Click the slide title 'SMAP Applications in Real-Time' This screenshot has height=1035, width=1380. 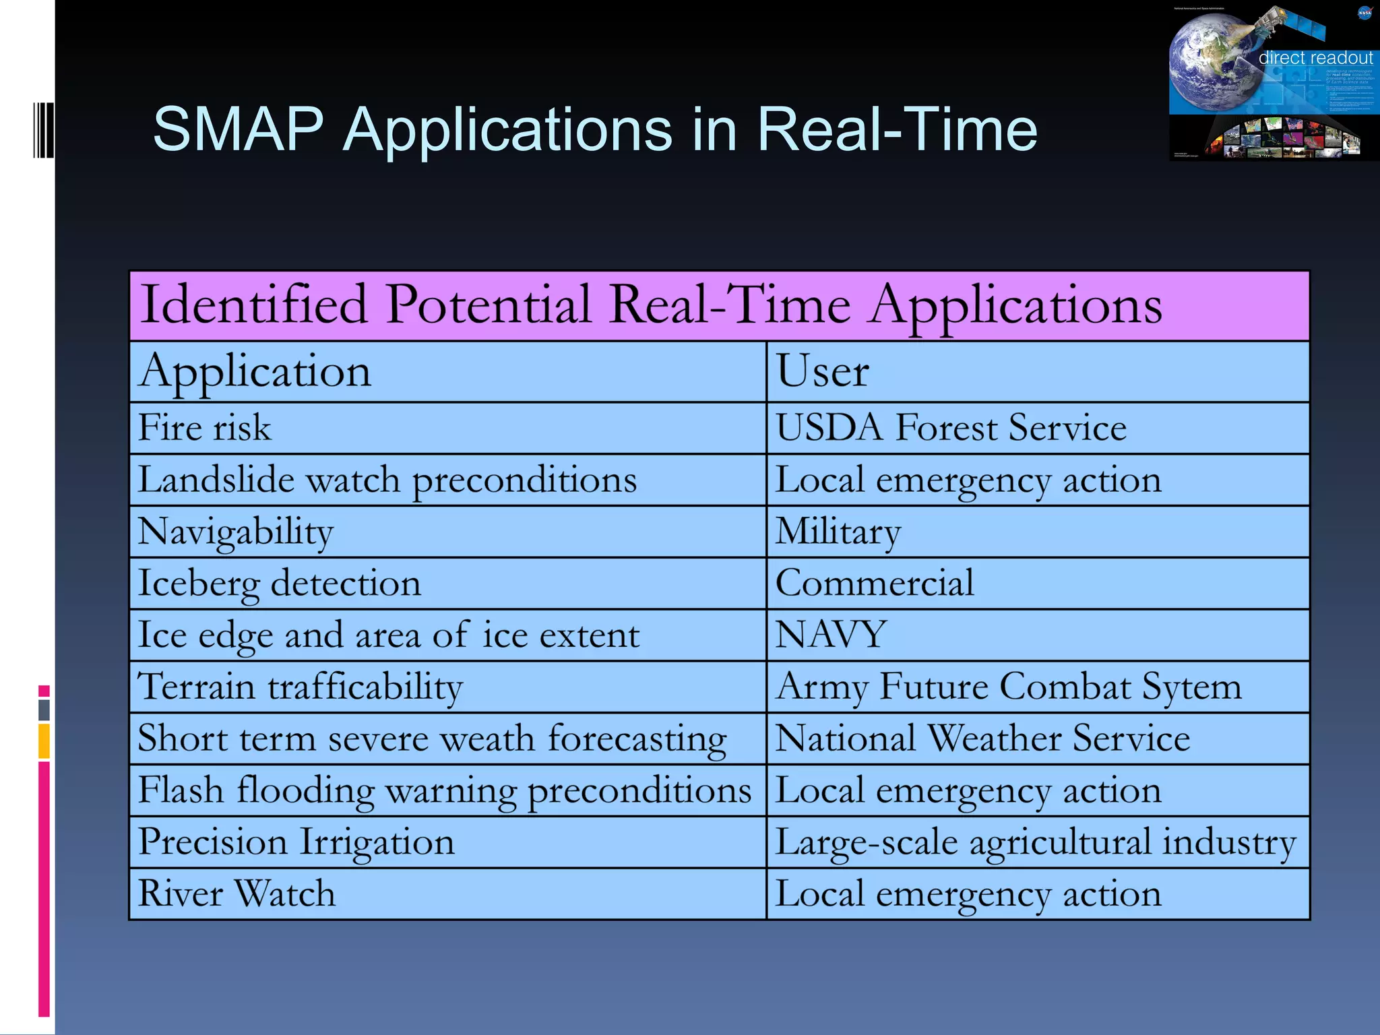[x=594, y=129]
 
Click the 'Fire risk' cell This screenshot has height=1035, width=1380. [x=205, y=429]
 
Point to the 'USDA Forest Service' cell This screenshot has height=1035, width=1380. [x=950, y=429]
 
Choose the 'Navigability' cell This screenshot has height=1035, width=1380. [x=236, y=532]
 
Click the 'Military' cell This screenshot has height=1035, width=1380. [x=838, y=532]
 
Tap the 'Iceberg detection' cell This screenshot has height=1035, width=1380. [x=279, y=584]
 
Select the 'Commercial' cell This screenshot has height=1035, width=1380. [x=874, y=584]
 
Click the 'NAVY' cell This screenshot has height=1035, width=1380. [x=830, y=635]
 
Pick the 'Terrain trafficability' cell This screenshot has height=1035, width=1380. [x=300, y=687]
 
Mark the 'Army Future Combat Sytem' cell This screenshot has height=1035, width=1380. [x=1008, y=687]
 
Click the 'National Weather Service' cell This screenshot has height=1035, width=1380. [x=982, y=739]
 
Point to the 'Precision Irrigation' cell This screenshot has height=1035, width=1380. [x=296, y=842]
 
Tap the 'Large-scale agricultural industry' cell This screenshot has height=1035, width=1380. [x=1035, y=842]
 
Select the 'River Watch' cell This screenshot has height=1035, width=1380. [x=237, y=894]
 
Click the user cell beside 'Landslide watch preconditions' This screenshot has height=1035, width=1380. [x=968, y=480]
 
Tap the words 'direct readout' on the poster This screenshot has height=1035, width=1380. [x=1315, y=58]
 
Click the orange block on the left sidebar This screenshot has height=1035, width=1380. [x=44, y=741]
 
